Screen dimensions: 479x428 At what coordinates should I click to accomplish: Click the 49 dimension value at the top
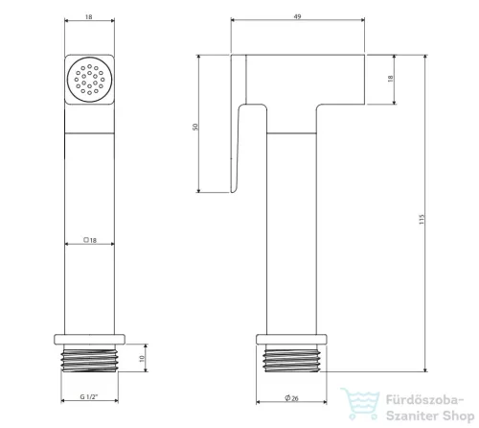tap(297, 16)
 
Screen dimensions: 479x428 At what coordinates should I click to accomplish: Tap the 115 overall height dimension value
tap(422, 219)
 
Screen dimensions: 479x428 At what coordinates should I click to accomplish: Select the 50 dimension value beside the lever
tap(195, 127)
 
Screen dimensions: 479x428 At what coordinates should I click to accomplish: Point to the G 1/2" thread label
tap(89, 396)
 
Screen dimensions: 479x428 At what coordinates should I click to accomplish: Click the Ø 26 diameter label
tap(291, 398)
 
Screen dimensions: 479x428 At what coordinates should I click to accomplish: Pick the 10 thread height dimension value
tap(142, 359)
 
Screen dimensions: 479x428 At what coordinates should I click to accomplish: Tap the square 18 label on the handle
tap(90, 240)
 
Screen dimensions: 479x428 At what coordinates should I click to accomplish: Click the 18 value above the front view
tap(89, 16)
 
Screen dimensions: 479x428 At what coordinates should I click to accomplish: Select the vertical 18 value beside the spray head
tap(390, 79)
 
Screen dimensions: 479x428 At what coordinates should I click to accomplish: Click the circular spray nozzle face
tap(90, 80)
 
